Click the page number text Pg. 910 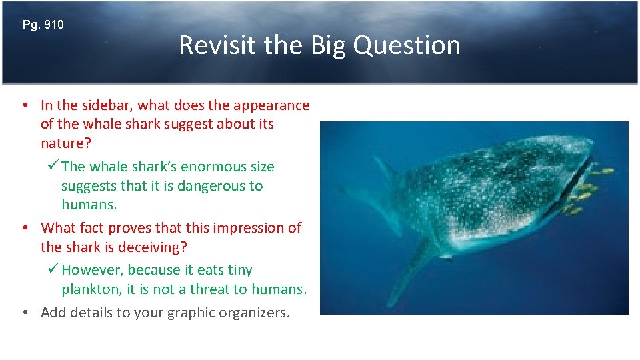point(43,25)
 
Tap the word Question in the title point(407,45)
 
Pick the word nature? point(66,143)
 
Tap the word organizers point(254,313)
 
